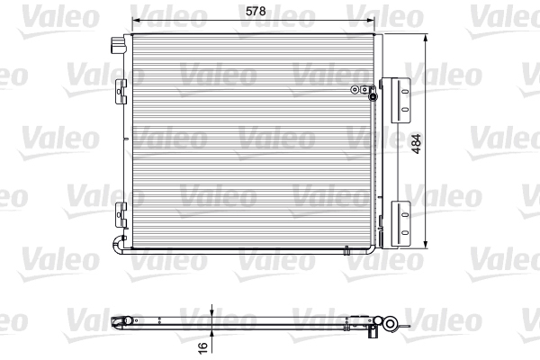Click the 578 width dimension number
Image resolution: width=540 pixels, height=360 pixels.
click(256, 11)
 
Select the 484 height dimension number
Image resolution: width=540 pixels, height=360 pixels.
click(417, 144)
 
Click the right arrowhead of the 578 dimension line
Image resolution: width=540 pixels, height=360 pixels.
click(370, 20)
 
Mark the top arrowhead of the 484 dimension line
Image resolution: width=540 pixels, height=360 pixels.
click(426, 38)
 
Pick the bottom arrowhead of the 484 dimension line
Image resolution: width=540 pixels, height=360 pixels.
click(426, 244)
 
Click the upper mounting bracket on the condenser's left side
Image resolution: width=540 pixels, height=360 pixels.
click(121, 92)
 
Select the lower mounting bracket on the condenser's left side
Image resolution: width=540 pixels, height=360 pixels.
click(121, 214)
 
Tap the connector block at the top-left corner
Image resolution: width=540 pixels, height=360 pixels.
click(117, 45)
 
